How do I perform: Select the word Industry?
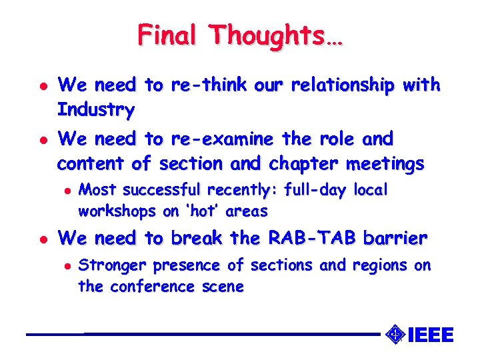(x=96, y=109)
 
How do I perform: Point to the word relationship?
(x=331, y=85)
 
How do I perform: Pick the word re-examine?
(x=222, y=139)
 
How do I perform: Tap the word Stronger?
(x=112, y=265)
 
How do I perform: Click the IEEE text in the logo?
(x=429, y=334)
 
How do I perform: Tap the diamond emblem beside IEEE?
(x=395, y=333)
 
